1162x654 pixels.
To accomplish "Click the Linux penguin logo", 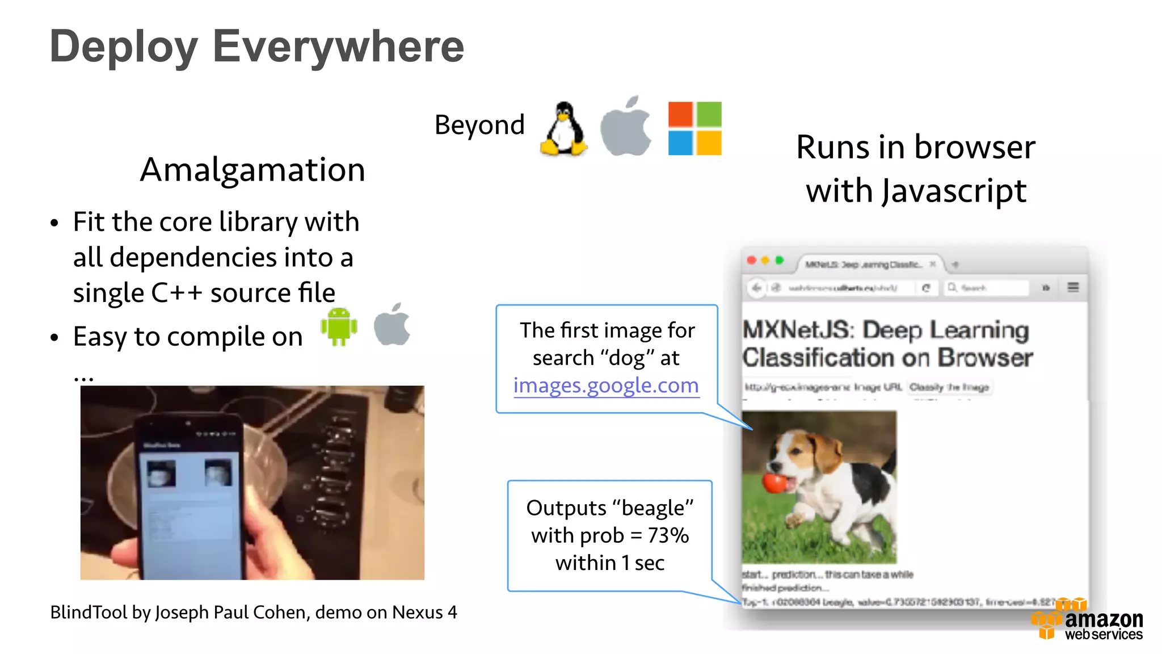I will click(563, 129).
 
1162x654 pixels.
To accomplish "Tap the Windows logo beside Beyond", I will click(694, 128).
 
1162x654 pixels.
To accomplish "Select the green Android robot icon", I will click(339, 326).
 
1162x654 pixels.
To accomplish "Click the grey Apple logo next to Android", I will click(392, 325).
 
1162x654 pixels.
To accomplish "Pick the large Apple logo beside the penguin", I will click(626, 127).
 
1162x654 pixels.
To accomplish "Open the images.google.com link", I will click(606, 385).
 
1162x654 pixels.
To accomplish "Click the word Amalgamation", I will click(252, 169).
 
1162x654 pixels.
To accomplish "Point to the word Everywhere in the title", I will click(338, 47).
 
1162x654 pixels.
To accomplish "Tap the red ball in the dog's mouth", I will click(773, 482).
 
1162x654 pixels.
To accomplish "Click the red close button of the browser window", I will click(752, 260).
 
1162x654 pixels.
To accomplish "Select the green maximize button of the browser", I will click(780, 260).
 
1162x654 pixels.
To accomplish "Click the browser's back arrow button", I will click(756, 288).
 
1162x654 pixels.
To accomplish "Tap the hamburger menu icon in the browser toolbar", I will click(1073, 287).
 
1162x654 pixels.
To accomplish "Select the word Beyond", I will click(479, 125).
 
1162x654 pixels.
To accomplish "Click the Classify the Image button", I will click(949, 387).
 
